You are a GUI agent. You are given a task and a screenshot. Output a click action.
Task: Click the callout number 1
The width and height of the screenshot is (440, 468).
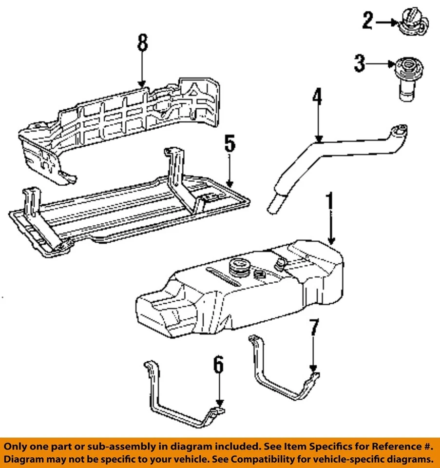[329, 201]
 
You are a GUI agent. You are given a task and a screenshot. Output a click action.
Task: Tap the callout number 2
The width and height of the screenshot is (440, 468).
[368, 20]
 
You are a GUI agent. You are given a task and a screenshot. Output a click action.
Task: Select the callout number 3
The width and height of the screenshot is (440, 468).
[360, 63]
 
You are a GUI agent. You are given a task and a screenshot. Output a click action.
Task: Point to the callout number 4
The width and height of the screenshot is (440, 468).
[317, 97]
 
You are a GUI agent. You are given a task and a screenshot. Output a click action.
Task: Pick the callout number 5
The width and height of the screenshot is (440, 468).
[230, 143]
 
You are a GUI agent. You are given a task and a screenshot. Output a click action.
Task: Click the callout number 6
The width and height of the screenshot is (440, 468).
[218, 365]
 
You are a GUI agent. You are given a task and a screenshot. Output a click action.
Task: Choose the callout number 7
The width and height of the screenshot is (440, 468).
[314, 328]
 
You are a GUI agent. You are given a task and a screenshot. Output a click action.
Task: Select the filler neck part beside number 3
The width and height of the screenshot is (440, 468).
[408, 79]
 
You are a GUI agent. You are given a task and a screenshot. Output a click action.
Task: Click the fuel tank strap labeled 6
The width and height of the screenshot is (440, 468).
[184, 394]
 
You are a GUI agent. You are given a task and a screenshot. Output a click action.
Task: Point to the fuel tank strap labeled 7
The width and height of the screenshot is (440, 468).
[284, 368]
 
